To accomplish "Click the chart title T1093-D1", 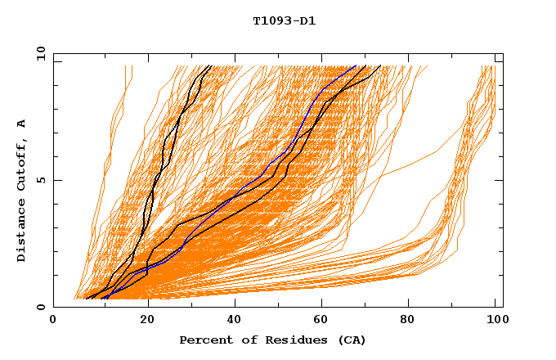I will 285,20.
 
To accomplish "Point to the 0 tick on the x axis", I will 53,321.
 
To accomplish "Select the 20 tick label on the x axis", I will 147,321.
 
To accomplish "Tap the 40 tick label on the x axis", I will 235,321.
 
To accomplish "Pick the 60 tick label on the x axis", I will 324,321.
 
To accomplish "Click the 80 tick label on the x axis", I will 412,321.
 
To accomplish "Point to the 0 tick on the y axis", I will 41,307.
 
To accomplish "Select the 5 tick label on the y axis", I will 41,180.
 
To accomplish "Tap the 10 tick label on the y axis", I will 38,53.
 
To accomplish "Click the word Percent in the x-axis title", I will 203,340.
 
